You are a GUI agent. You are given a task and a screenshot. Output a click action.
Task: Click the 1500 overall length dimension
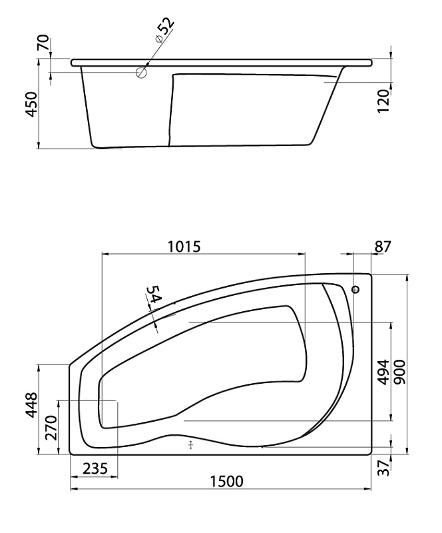pos(226,481)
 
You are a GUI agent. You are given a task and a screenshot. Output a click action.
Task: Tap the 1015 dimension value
pos(184,247)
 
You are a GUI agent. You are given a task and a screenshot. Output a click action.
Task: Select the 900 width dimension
pos(401,372)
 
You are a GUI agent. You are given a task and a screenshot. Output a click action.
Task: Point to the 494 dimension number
pos(384,372)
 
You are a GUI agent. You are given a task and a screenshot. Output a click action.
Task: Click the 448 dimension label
pos(31,404)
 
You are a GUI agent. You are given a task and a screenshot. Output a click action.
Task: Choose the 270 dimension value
pos(51,428)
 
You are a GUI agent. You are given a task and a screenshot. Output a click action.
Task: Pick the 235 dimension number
pos(95,469)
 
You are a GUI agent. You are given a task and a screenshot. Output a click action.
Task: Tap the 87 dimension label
pos(383,247)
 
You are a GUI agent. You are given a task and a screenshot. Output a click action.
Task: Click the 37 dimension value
pos(383,468)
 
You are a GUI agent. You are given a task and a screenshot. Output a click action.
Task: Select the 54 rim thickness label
pos(154,294)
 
